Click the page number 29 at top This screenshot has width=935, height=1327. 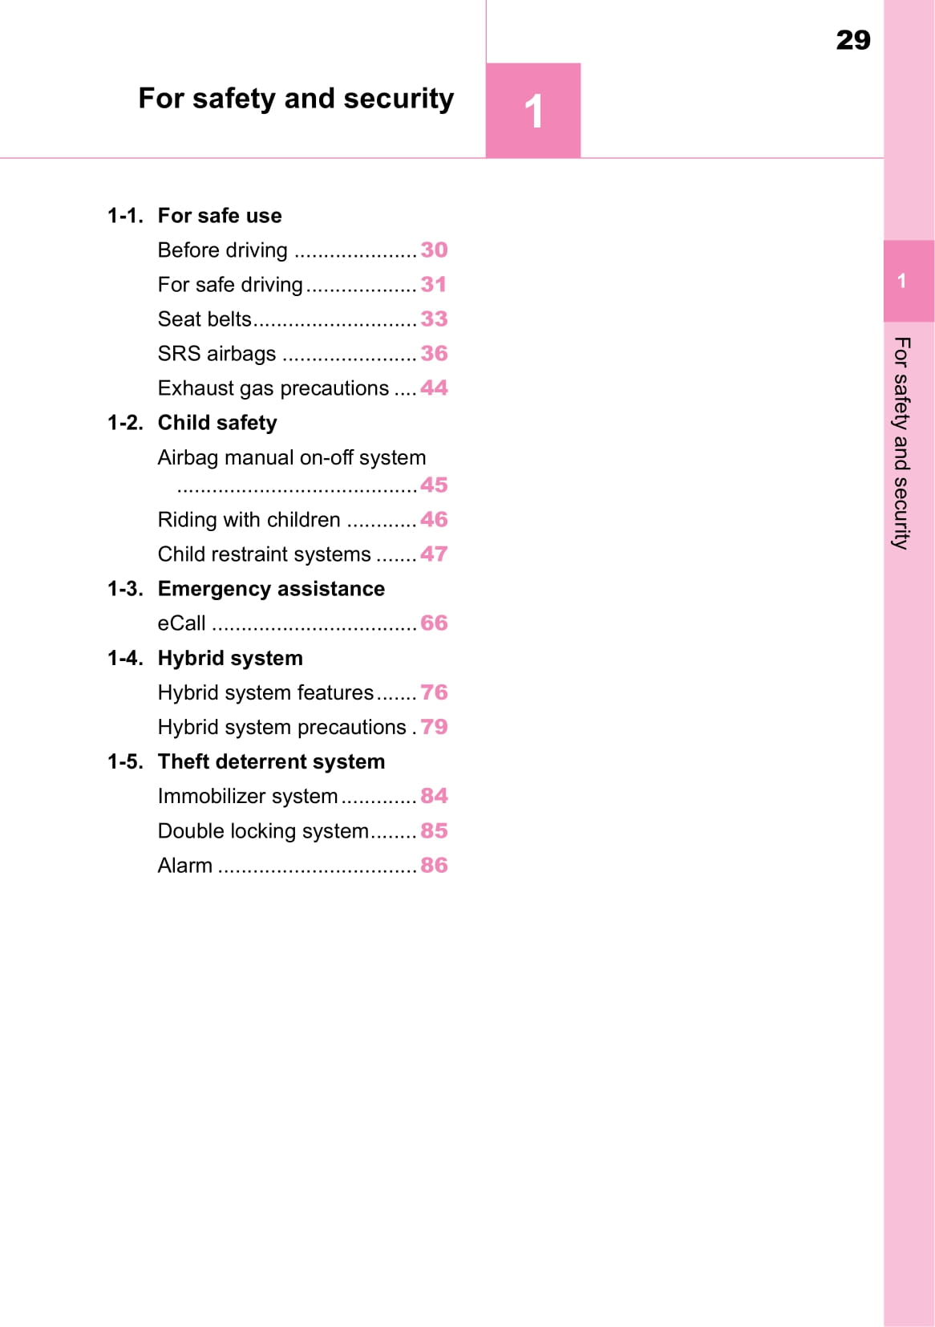tap(852, 40)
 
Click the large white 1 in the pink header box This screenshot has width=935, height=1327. tap(533, 111)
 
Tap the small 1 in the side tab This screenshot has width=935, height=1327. tap(902, 281)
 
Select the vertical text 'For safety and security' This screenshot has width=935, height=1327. tap(902, 443)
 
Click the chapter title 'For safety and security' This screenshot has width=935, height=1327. tap(296, 99)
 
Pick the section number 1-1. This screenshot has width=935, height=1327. tap(125, 216)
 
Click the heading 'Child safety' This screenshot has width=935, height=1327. tap(217, 423)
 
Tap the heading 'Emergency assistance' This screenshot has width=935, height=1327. tap(271, 589)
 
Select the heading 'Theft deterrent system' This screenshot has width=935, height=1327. tap(271, 761)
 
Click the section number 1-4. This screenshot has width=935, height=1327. tap(125, 658)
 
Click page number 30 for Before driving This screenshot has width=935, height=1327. tap(434, 250)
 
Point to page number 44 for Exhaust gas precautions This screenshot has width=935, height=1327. tap(434, 388)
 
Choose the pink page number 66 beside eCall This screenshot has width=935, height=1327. tap(434, 623)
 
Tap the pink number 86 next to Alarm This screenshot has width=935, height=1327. tap(434, 865)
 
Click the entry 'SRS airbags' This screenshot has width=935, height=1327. tap(217, 354)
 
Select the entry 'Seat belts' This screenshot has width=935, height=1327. tap(204, 319)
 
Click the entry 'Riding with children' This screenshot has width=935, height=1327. tap(249, 520)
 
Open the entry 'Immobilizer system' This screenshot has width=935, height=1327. tap(248, 796)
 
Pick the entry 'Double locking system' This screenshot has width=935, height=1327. tap(263, 830)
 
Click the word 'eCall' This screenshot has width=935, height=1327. tap(181, 623)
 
